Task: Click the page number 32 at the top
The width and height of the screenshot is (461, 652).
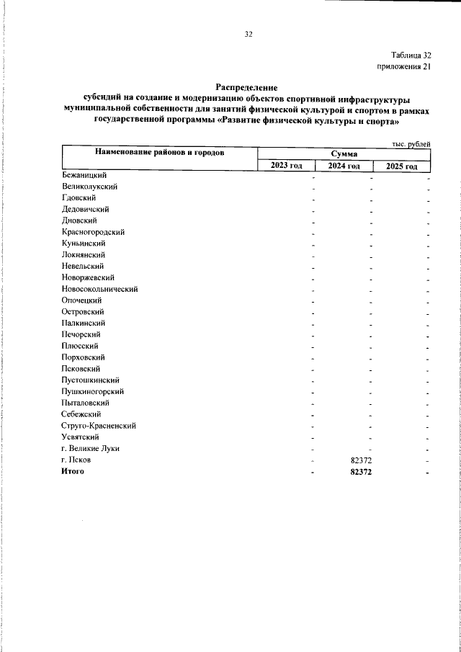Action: coord(249,35)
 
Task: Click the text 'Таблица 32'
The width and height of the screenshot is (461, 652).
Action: coord(411,55)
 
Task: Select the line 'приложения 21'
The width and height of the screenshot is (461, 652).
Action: coord(404,67)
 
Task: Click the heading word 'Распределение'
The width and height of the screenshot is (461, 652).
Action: coord(247,87)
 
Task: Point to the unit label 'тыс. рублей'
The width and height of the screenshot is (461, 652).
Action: coord(411,144)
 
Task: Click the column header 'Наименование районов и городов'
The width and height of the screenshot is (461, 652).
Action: coord(159,153)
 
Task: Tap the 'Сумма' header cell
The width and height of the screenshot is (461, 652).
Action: coord(344,153)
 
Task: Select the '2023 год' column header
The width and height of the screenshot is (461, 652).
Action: coord(286,166)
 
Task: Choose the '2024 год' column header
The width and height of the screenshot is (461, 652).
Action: coord(344,166)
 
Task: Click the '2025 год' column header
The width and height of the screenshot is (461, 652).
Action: coord(402,166)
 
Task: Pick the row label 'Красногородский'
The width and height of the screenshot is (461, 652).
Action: coord(94,232)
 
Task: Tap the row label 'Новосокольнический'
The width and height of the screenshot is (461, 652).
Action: coord(100,289)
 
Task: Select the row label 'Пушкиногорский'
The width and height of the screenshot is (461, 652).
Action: coord(94,391)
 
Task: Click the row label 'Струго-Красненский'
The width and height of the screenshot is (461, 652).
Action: coord(99,426)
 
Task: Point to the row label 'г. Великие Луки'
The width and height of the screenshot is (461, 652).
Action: coord(91,448)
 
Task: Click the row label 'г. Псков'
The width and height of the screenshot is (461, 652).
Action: coord(76,460)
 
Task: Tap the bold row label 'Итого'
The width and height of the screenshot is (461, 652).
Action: coord(73,471)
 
